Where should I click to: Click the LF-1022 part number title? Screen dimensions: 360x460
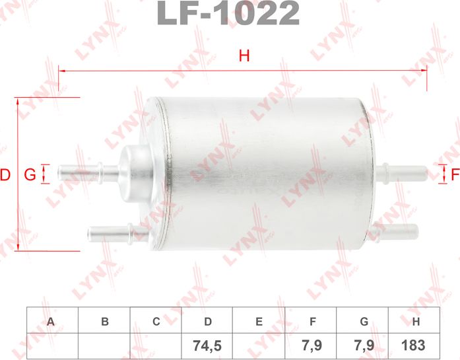228,13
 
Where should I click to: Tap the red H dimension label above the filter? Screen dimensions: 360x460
244,57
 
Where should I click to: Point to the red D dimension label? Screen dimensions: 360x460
5,175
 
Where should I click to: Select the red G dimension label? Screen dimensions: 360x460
29,175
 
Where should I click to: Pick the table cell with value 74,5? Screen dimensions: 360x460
208,345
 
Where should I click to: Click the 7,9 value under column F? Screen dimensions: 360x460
312,345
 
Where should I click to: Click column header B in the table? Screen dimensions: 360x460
104,322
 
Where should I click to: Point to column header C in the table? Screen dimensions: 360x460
156,322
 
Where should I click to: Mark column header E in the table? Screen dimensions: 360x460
259,322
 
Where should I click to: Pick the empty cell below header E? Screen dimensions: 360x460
259,345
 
